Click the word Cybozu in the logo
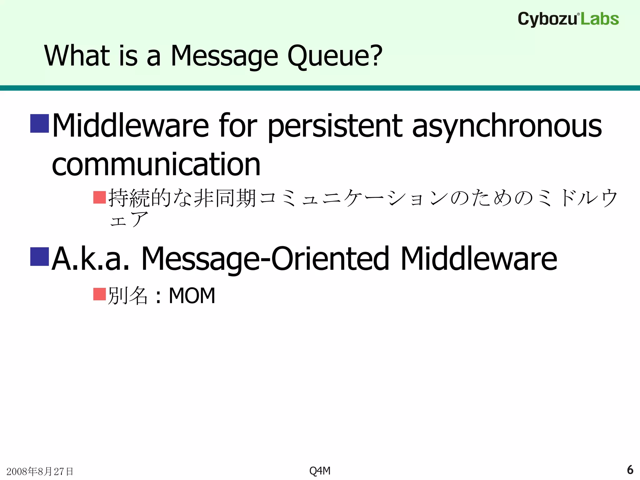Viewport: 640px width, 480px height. click(x=547, y=19)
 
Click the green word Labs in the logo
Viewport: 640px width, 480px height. click(x=600, y=19)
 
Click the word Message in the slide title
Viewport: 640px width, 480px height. click(x=224, y=56)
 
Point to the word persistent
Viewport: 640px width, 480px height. click(x=335, y=126)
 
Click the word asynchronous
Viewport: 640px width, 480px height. click(x=507, y=126)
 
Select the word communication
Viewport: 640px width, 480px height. click(x=156, y=164)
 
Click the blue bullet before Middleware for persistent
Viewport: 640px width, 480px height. click(x=40, y=123)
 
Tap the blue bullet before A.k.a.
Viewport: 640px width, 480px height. click(x=40, y=256)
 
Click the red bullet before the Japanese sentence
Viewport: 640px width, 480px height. click(x=100, y=197)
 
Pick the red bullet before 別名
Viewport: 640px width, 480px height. click(x=100, y=294)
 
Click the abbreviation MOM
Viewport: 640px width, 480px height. click(x=192, y=296)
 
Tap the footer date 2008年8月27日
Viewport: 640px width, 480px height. click(x=40, y=471)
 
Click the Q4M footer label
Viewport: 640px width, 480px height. click(x=320, y=471)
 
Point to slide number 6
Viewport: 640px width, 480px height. click(x=630, y=470)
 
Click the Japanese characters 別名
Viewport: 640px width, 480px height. click(x=127, y=296)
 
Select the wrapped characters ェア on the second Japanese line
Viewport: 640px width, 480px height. click(x=128, y=220)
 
